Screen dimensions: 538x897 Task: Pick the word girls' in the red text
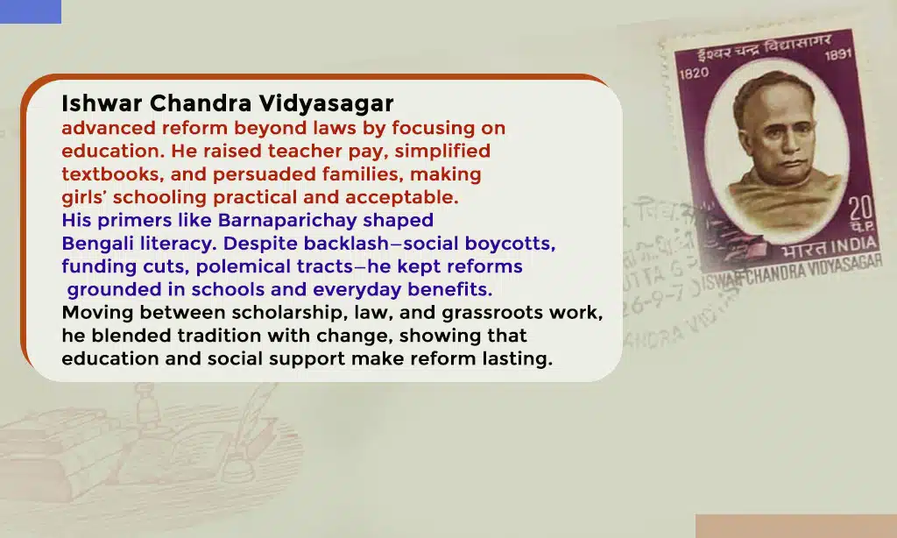click(x=84, y=197)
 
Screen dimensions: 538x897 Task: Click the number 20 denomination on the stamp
click(x=859, y=209)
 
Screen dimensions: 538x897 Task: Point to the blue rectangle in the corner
click(x=31, y=11)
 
